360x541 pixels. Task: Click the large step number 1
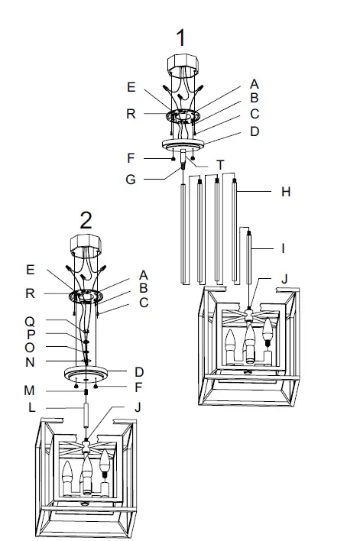(181, 37)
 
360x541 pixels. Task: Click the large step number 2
(86, 220)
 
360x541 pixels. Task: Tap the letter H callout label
(285, 192)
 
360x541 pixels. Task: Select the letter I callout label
(283, 248)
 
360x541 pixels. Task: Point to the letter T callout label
(220, 165)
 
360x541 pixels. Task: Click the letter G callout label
(131, 180)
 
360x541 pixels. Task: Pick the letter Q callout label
(30, 322)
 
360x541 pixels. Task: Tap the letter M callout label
(29, 390)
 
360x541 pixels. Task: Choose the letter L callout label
(31, 407)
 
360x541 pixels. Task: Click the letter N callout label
(30, 362)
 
